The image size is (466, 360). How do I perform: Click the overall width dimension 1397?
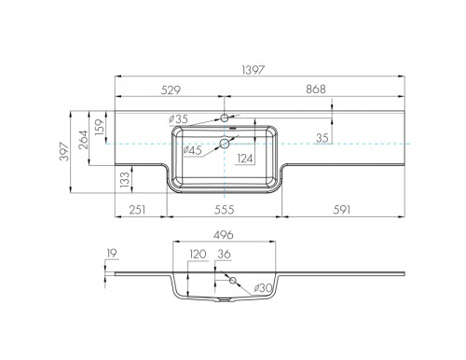click(x=254, y=70)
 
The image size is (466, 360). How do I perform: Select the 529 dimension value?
click(x=171, y=90)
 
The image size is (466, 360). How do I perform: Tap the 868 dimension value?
click(x=316, y=90)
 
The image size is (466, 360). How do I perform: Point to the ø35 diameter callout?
click(x=178, y=118)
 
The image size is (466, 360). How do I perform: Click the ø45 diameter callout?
click(x=192, y=150)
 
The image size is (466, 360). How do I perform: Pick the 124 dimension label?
click(x=245, y=159)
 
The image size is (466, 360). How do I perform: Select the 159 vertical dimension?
click(x=100, y=127)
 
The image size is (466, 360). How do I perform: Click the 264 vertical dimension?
click(x=83, y=140)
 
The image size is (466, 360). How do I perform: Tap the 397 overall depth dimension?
click(x=64, y=151)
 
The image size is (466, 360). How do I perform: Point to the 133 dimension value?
click(x=124, y=180)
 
